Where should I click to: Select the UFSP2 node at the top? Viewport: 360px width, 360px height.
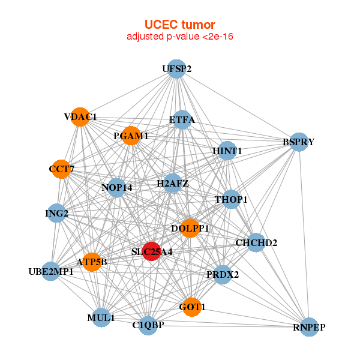[176, 69]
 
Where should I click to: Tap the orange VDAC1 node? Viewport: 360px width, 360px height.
[80, 116]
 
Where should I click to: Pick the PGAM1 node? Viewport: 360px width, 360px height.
[130, 136]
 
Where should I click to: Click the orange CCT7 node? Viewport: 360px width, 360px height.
[61, 169]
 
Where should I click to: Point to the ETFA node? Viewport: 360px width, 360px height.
[182, 119]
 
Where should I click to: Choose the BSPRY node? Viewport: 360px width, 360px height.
[298, 142]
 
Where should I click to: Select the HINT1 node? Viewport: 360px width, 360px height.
[227, 152]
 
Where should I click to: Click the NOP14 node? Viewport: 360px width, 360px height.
[117, 188]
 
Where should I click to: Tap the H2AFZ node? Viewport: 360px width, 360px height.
[173, 183]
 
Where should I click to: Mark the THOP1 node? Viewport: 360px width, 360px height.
[231, 199]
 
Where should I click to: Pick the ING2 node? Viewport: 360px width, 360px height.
[56, 213]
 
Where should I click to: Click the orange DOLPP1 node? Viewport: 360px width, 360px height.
[190, 228]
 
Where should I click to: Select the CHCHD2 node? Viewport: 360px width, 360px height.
[256, 243]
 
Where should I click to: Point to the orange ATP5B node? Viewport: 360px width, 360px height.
[92, 262]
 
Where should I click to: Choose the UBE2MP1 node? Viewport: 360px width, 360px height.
[51, 272]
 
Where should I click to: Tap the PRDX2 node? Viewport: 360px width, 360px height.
[223, 275]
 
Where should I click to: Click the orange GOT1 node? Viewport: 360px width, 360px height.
[192, 307]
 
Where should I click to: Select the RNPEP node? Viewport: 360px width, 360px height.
[309, 327]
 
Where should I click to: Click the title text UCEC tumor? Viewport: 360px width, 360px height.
[179, 25]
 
